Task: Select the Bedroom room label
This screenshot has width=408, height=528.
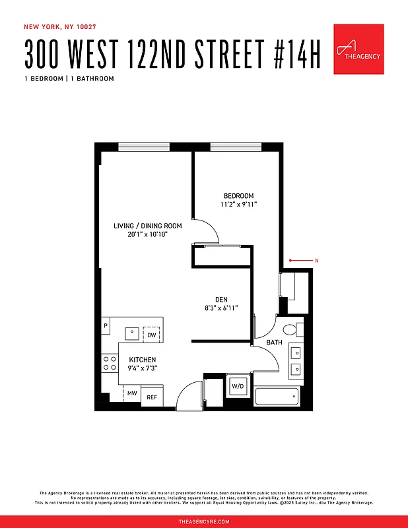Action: coord(238,196)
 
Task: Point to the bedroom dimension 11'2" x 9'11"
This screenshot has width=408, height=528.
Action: coord(238,205)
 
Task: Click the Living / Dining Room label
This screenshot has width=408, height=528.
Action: coord(147,226)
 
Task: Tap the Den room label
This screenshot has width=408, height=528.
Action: coord(221,298)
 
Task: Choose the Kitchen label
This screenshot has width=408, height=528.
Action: coord(143,360)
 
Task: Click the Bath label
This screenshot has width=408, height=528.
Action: coord(274,343)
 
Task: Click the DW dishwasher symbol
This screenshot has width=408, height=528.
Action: coord(152,335)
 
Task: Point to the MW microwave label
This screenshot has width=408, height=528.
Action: coord(132,393)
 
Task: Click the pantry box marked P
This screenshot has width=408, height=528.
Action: coord(106,327)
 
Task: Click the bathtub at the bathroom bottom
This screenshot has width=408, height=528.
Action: coord(277,397)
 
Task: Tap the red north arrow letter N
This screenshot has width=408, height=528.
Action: coord(317,261)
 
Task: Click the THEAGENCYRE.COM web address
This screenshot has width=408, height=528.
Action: coord(204,521)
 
